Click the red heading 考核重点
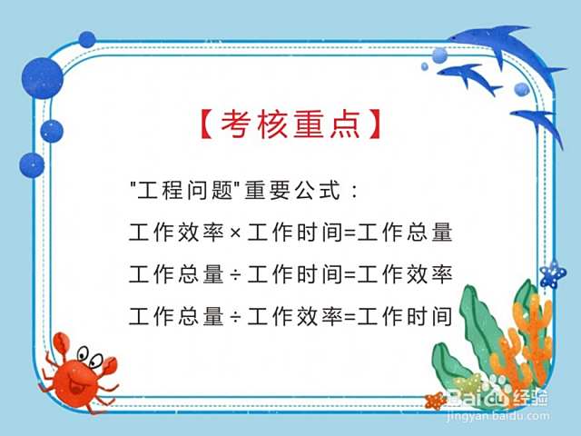coord(290,124)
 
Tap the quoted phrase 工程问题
coord(185,190)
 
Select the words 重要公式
coord(292,190)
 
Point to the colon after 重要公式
coord(355,191)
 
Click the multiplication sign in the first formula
coord(235,233)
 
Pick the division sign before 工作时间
coord(235,275)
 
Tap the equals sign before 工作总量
coord(350,233)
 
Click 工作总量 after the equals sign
coord(405,233)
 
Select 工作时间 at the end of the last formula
coord(405,317)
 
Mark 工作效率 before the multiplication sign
coord(176,233)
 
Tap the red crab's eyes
coord(90,356)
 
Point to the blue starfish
coord(553,274)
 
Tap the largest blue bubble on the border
coord(43,78)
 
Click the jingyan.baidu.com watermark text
coord(498,416)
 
